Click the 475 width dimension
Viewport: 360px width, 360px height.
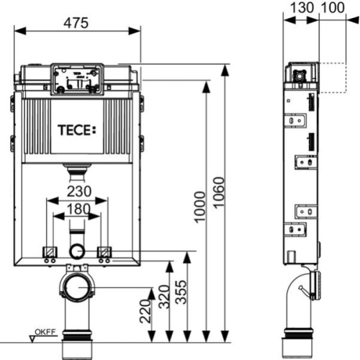pyautogui.click(x=78, y=22)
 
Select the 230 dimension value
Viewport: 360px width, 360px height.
pyautogui.click(x=78, y=192)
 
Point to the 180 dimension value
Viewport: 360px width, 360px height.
pyautogui.click(x=77, y=210)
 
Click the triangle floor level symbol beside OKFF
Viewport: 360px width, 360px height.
pyautogui.click(x=33, y=333)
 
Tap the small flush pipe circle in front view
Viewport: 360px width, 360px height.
pyautogui.click(x=77, y=251)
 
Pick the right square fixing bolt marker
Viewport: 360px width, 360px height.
pyautogui.click(x=104, y=251)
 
